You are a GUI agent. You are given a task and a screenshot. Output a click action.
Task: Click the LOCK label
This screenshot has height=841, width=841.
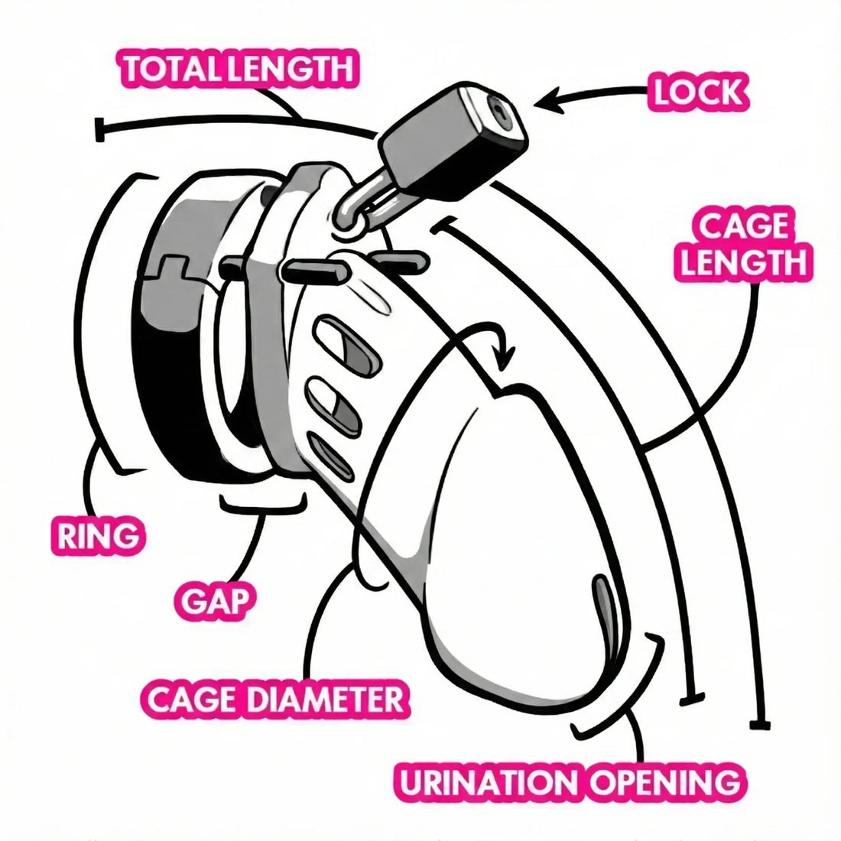tap(697, 92)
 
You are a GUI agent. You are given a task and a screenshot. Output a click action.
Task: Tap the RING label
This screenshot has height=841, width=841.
tap(98, 536)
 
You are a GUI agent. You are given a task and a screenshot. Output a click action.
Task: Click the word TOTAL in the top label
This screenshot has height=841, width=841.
tap(163, 69)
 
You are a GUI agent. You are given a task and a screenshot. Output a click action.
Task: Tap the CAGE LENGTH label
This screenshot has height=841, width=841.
tap(743, 245)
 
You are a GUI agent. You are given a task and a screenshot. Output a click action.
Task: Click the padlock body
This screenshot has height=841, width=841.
tap(451, 149)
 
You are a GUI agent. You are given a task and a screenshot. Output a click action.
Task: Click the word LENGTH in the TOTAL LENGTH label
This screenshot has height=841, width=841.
tap(291, 69)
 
